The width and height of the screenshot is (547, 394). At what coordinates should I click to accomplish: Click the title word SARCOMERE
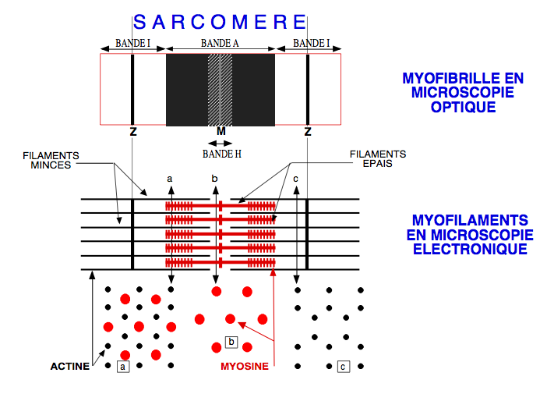tap(221, 21)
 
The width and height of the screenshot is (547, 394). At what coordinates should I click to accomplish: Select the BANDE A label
tap(220, 44)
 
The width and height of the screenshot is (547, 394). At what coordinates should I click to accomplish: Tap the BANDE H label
tap(222, 154)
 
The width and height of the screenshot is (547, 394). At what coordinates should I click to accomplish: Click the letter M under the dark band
tap(221, 131)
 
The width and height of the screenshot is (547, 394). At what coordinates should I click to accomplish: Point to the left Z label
tap(133, 131)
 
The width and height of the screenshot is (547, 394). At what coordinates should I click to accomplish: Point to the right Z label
tap(308, 131)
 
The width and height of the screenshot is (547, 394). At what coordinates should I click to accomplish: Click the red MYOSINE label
tap(245, 365)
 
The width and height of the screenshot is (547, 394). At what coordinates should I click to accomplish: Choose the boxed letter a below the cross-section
tap(122, 365)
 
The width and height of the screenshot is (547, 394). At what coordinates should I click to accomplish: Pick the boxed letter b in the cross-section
tap(231, 341)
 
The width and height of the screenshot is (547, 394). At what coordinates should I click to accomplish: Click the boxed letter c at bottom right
tap(344, 365)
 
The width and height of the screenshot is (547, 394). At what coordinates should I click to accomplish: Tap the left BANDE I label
tap(132, 44)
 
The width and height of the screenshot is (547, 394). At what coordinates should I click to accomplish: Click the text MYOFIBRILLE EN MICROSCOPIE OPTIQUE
tap(463, 93)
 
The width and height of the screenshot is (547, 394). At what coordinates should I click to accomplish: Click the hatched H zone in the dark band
tap(221, 90)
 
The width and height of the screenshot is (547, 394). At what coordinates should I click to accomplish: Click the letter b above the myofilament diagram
tap(215, 179)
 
